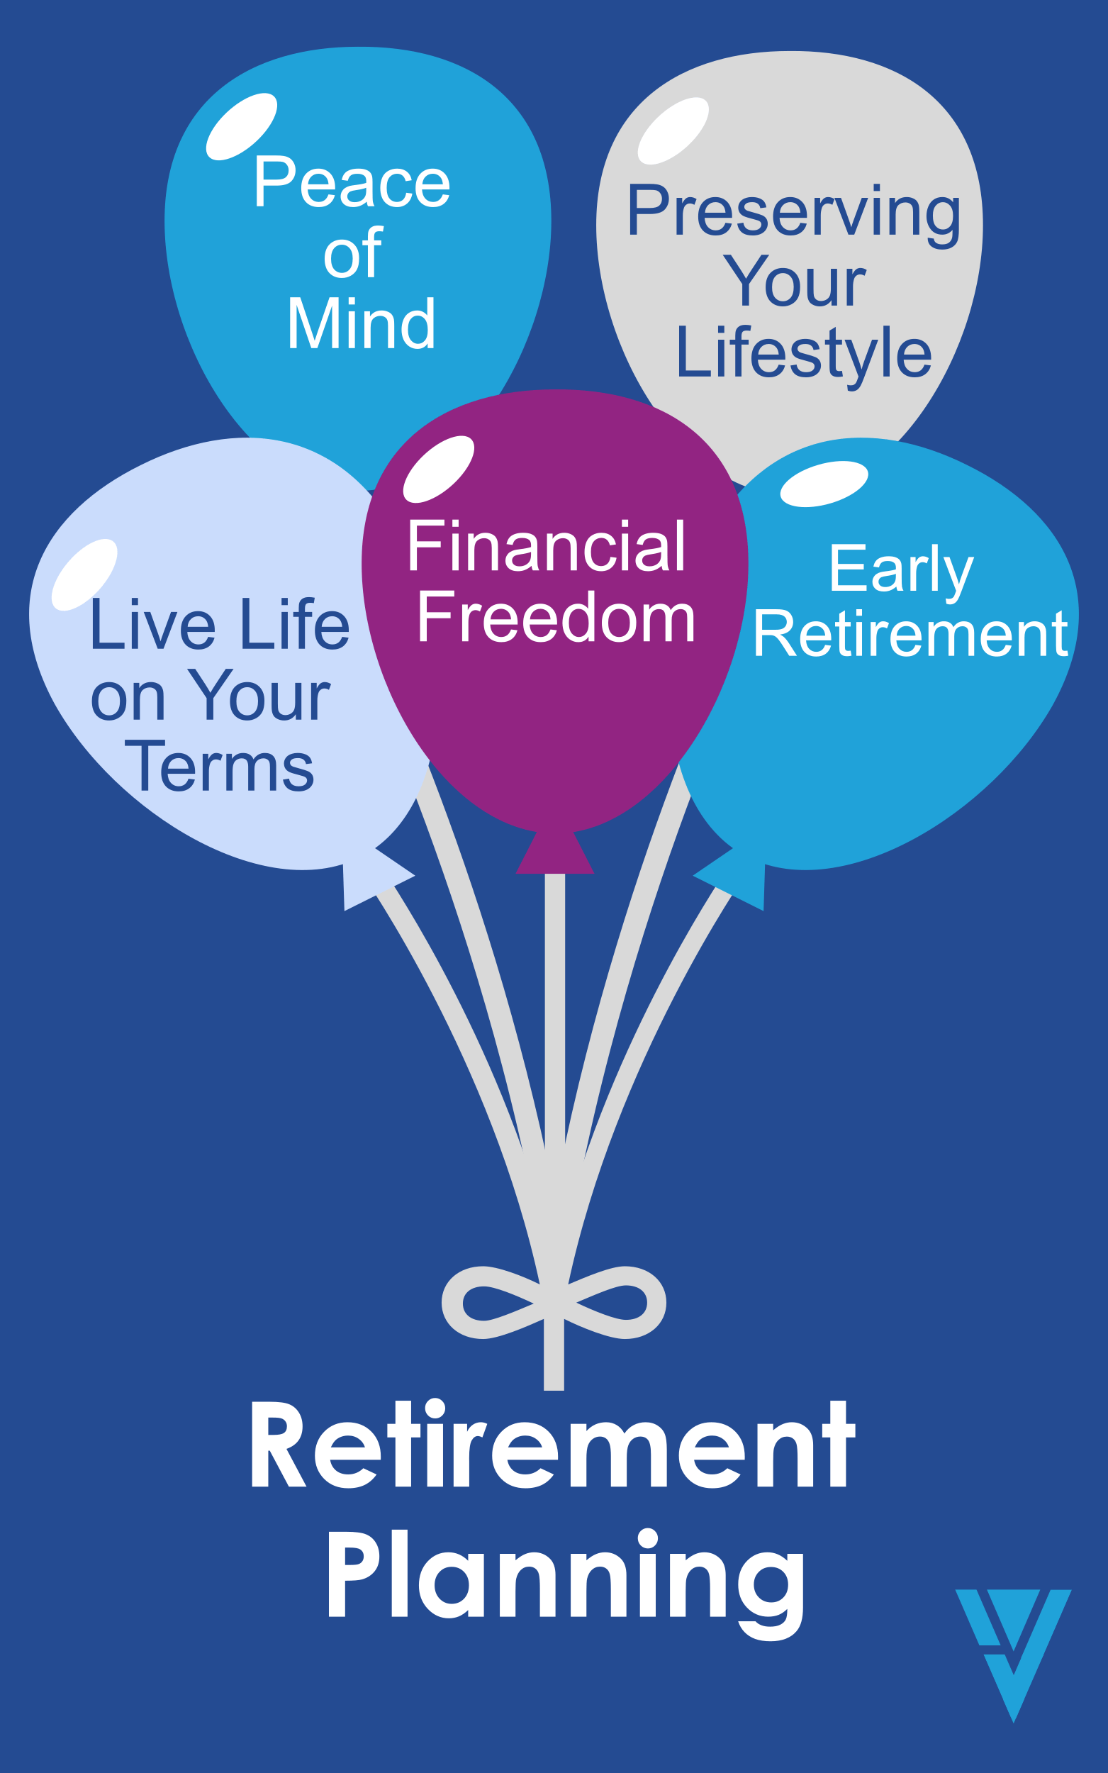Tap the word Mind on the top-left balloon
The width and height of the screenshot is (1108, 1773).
[362, 323]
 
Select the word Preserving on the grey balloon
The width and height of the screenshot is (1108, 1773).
[794, 214]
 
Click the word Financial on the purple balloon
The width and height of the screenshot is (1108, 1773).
[547, 546]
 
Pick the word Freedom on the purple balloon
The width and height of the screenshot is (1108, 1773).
[556, 617]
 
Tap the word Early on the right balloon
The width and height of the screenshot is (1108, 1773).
[901, 570]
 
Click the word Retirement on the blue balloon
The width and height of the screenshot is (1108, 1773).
[910, 634]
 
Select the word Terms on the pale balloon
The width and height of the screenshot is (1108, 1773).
[219, 767]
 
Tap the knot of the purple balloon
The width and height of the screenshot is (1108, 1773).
[555, 852]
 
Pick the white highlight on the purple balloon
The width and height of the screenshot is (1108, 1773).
[438, 469]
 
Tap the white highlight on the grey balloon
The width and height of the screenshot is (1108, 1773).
[673, 130]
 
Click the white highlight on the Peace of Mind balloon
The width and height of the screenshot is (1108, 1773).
[241, 126]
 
